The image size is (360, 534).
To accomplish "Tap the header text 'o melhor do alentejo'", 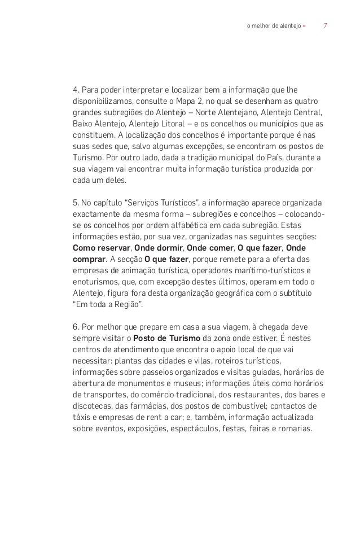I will [x=274, y=25].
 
